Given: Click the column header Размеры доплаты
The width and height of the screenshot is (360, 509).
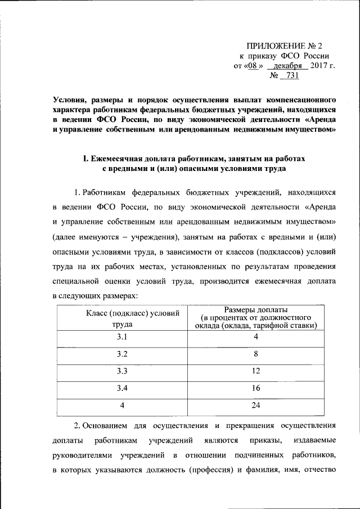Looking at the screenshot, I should [256, 309].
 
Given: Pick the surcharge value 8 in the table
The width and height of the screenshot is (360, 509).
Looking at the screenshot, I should [255, 354].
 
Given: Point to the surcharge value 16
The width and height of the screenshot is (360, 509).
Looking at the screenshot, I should [255, 388].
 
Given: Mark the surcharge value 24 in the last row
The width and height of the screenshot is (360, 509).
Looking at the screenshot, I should [255, 405].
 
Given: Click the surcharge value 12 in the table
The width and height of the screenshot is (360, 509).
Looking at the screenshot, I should [255, 371].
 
